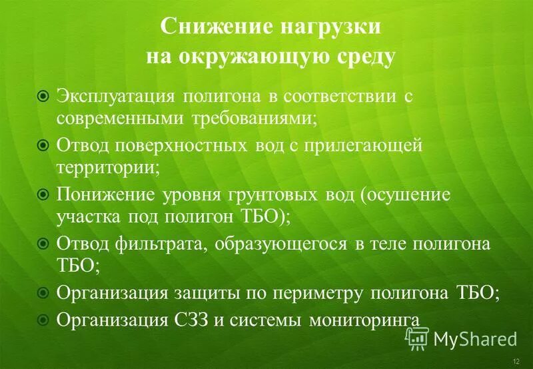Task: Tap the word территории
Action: (107, 166)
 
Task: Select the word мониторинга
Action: (364, 319)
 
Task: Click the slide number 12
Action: (517, 360)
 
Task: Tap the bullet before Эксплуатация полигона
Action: (43, 97)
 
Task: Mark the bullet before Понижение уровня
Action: (43, 194)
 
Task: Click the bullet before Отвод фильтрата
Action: (43, 243)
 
